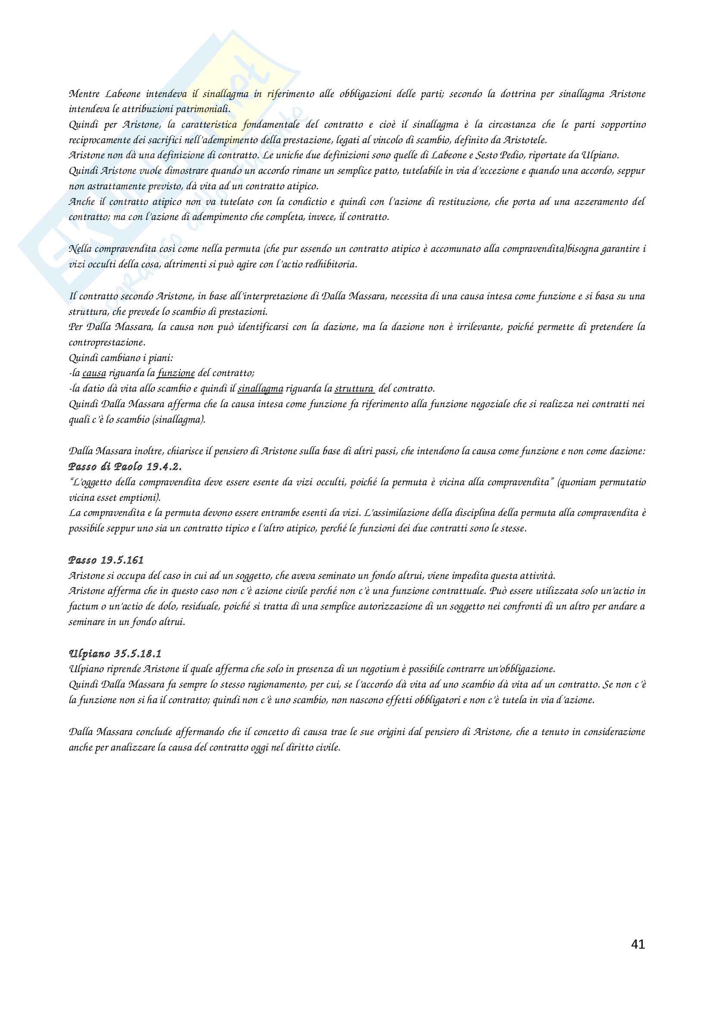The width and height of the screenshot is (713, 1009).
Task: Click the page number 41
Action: click(x=638, y=944)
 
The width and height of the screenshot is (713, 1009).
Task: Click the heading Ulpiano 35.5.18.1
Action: click(x=115, y=654)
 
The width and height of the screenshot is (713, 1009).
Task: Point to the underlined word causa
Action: click(x=94, y=373)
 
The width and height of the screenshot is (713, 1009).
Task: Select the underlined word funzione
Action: click(x=176, y=373)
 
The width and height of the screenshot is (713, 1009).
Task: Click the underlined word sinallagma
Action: click(x=260, y=389)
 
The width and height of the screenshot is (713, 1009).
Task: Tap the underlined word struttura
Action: click(x=354, y=389)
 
